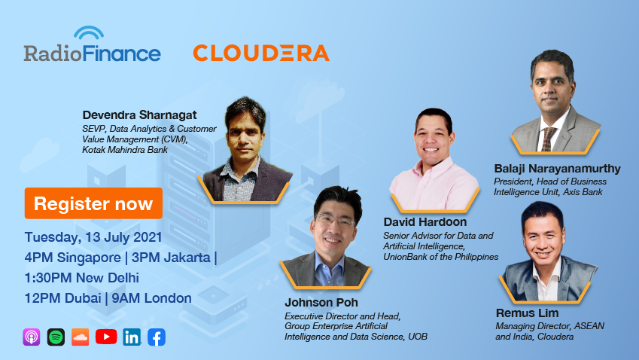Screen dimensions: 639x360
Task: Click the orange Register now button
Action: pos(94,203)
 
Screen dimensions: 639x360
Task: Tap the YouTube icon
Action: pos(106,337)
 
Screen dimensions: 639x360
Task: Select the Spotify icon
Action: pos(56,337)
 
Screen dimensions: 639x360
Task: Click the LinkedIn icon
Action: pos(132,337)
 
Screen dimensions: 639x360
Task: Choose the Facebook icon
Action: pos(157,337)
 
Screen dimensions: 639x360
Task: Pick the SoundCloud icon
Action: pos(81,337)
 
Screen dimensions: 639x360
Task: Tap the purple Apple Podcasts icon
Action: pos(32,337)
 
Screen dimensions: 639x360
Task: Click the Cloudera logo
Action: pos(261,53)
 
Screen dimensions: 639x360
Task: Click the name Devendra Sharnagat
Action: pos(139,115)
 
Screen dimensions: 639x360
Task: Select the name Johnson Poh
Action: pos(321,303)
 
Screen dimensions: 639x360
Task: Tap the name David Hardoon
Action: pos(425,221)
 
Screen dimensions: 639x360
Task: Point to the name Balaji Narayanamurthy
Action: pos(557,169)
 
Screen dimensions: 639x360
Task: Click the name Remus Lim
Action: pos(527,313)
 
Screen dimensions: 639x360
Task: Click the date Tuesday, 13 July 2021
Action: pos(93,237)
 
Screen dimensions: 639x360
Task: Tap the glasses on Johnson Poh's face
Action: pos(335,221)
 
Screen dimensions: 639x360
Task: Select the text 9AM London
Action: pos(151,298)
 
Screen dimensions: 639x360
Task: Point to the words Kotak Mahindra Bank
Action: pos(125,150)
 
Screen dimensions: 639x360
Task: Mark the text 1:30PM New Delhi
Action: pos(81,278)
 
